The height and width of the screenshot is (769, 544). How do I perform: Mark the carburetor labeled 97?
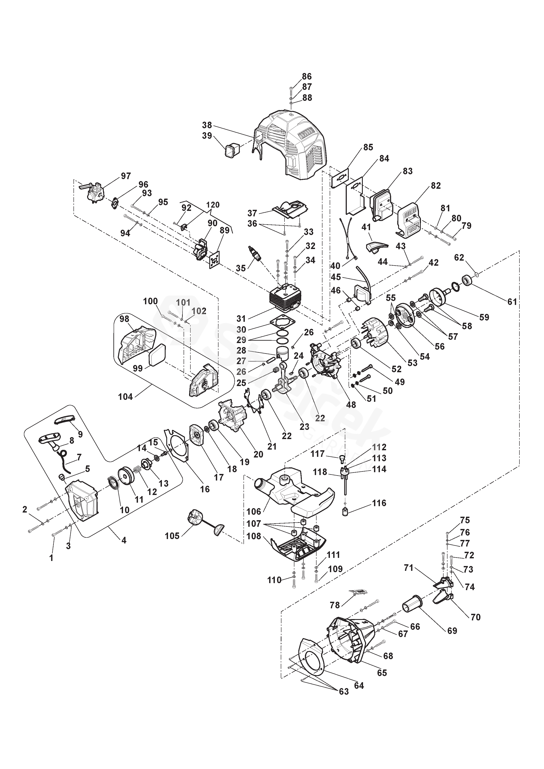click(92, 191)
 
